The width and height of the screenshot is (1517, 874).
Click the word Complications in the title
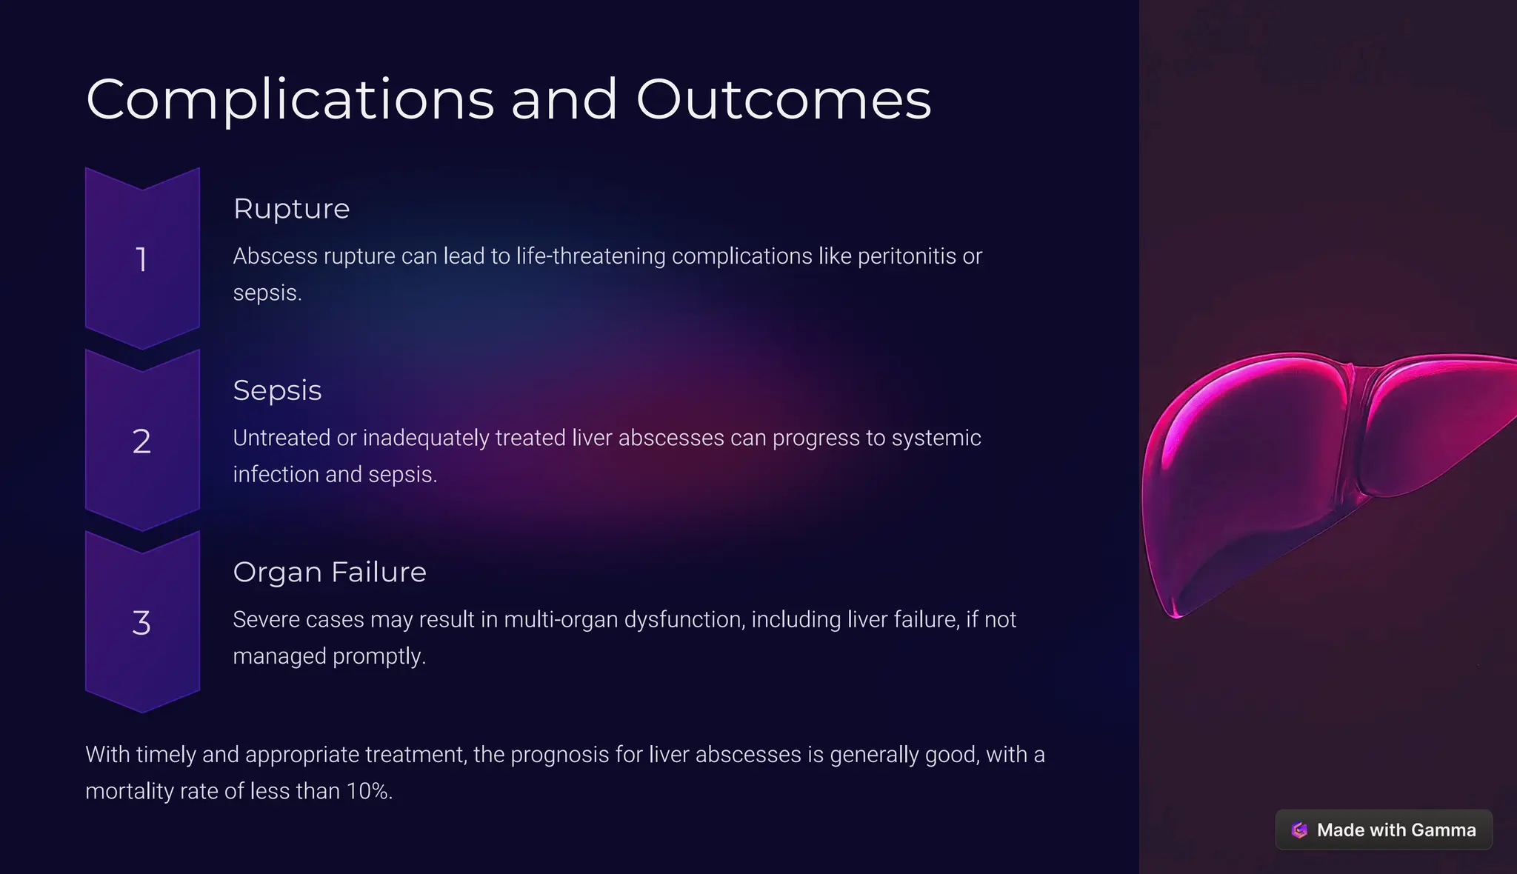click(290, 100)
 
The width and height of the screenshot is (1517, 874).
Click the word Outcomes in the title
click(783, 100)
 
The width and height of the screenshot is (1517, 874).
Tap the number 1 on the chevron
click(141, 260)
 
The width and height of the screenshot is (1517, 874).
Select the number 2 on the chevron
click(141, 442)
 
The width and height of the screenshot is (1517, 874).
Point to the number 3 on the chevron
click(141, 624)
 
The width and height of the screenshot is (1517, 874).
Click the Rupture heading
click(291, 209)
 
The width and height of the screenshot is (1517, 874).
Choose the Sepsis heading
click(277, 390)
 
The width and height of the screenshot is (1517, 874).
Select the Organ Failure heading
click(330, 573)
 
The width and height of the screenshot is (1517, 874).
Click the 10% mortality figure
click(368, 791)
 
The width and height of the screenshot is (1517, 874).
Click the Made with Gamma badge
click(1384, 830)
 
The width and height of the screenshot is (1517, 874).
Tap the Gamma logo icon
click(1299, 830)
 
